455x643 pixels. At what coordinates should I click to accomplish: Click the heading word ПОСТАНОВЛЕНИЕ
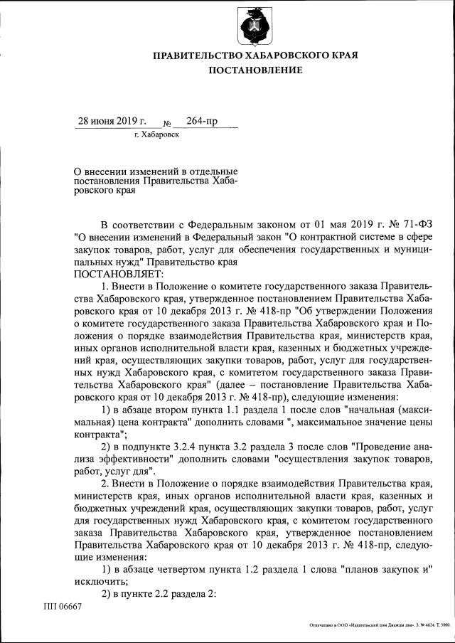point(255,70)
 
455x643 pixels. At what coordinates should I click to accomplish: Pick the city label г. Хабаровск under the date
point(156,134)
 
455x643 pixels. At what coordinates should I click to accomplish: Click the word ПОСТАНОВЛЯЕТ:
point(118,274)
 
